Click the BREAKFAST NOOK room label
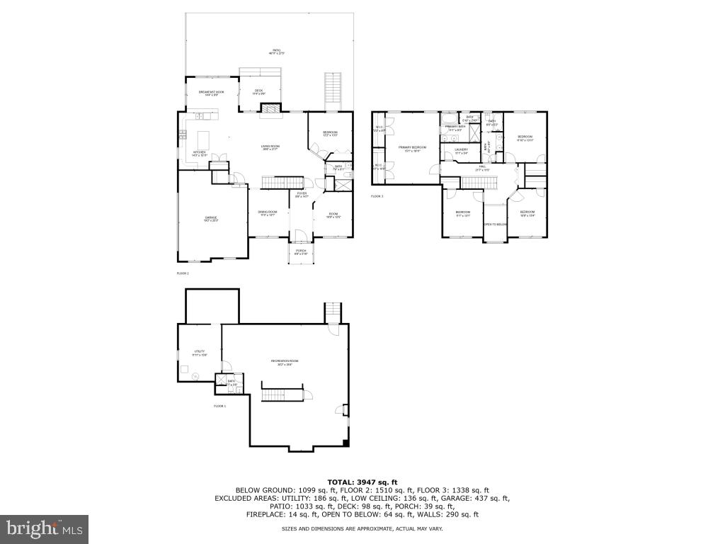[211, 92]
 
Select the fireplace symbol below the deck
[270, 108]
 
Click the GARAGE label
[211, 218]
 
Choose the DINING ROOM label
[268, 212]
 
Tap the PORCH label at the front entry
[301, 251]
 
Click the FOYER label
[301, 194]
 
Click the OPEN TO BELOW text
[495, 225]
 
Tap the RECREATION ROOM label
[285, 362]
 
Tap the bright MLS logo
[44, 528]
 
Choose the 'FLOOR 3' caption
[377, 196]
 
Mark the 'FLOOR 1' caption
[219, 406]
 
